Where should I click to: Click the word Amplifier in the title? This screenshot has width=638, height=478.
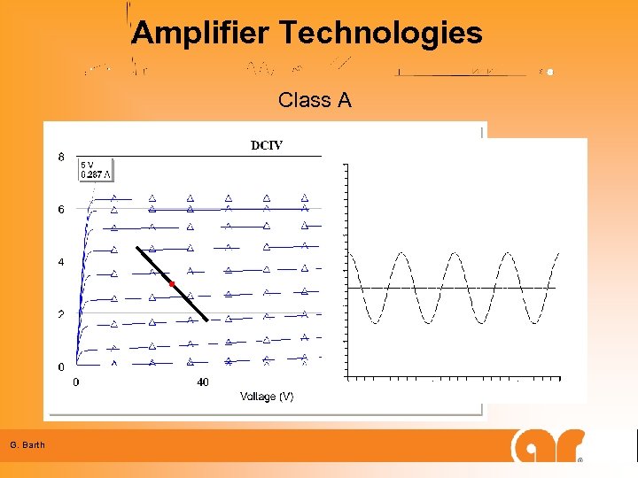pos(201,34)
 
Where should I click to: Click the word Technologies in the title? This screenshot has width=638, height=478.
pos(381,34)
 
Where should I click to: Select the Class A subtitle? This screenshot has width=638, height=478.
pos(315,100)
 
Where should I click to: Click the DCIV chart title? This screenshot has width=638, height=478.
pos(267,145)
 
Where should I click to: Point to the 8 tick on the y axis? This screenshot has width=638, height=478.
pos(61,158)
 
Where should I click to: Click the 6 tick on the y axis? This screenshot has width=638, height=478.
pos(61,210)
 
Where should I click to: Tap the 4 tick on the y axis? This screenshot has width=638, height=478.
pos(61,263)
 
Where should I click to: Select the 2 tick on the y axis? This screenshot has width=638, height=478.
pos(61,315)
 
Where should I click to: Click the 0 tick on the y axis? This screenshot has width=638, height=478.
pos(61,366)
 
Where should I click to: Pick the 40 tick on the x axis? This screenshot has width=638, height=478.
pos(203,382)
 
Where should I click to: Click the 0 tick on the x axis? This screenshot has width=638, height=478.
pos(75,382)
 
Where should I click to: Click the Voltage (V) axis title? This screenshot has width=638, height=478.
pos(267,397)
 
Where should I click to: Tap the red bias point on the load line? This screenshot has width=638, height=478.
pos(172,283)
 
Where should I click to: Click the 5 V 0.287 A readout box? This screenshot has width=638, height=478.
pos(97,169)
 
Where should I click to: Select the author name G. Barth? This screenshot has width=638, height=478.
pos(27,444)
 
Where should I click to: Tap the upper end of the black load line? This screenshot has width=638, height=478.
pos(137,247)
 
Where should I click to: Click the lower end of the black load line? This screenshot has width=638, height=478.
pos(207,320)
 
